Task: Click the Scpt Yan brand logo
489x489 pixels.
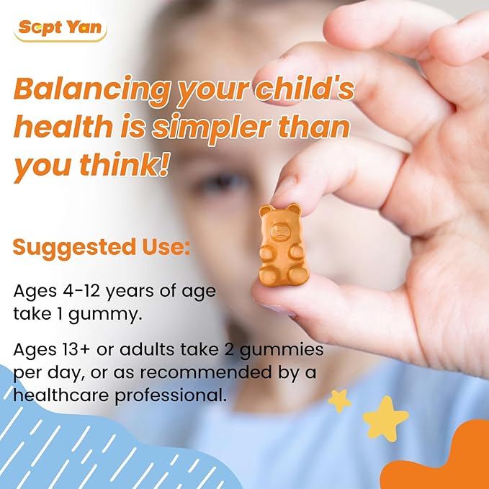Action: (x=60, y=30)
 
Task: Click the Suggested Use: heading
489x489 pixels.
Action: (x=102, y=248)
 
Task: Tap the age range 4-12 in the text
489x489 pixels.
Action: (x=77, y=292)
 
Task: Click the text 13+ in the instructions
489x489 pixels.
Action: (x=77, y=351)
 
